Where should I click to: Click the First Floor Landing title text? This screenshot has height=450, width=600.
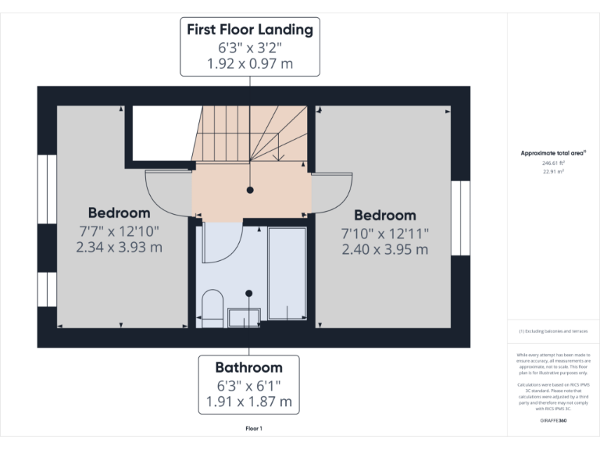pos(250,30)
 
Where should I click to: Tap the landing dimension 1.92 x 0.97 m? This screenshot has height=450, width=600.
pos(250,64)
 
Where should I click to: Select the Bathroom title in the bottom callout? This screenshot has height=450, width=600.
pos(249,367)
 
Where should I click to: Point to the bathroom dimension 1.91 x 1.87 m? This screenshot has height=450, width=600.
pos(249,402)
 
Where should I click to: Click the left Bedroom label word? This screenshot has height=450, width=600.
pos(119,212)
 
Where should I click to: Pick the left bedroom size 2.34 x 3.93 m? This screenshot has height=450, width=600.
pos(119,247)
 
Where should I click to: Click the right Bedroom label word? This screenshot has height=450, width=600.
pos(385,215)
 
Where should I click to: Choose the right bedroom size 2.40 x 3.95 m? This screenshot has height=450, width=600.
pos(385,249)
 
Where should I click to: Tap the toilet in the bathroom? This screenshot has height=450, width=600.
pos(212,305)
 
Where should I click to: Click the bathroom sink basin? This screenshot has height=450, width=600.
pos(245,316)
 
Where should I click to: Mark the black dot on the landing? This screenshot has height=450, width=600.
pos(250,190)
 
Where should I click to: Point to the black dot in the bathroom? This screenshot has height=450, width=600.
pos(249,293)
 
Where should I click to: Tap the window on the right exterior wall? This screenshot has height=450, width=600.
pos(460,218)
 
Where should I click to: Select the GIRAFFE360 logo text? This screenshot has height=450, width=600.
pos(553,421)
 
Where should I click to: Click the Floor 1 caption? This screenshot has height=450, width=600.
pos(253,428)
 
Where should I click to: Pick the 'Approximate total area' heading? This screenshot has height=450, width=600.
pos(553,153)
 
